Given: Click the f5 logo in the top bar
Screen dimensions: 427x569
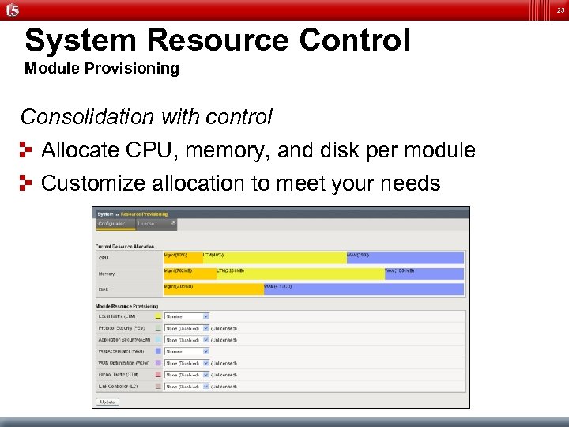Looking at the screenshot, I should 12,10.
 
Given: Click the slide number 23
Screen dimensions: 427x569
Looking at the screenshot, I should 560,9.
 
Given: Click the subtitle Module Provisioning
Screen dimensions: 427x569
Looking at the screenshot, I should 102,69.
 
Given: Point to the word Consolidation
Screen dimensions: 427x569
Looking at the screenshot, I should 87,117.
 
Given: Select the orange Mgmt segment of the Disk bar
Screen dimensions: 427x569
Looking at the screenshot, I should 213,289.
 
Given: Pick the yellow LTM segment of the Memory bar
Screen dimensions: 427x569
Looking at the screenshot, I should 300,274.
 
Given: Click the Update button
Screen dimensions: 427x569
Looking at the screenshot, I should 107,402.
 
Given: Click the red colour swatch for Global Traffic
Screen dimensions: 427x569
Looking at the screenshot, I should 159,375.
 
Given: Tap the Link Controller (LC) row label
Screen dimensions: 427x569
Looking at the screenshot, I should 119,387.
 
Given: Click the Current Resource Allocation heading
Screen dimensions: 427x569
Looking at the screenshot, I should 125,247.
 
